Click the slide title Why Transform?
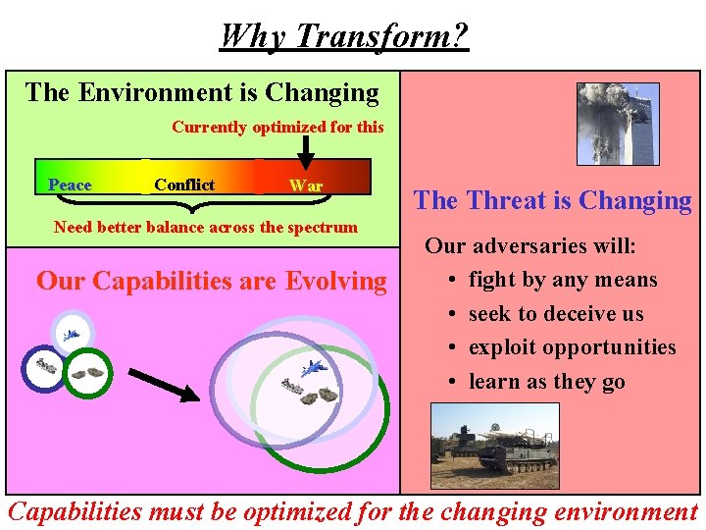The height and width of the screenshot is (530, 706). (x=344, y=36)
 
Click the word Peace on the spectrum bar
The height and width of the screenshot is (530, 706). (x=70, y=185)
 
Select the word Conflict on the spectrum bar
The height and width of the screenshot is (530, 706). (x=184, y=185)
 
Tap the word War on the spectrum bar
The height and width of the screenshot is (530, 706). (x=305, y=186)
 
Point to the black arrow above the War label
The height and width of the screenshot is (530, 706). (x=305, y=151)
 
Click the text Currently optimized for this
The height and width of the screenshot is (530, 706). (x=277, y=127)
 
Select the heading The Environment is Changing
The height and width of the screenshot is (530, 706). (x=202, y=93)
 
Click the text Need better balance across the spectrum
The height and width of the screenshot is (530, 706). (x=206, y=228)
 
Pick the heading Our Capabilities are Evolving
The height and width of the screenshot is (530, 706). (x=212, y=282)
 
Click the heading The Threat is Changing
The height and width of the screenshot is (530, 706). (x=552, y=201)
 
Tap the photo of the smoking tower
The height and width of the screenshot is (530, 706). (x=618, y=124)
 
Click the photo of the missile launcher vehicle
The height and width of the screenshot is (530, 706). (x=494, y=445)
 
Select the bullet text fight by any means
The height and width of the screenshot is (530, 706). (x=563, y=280)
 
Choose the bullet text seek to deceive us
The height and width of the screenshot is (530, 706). (x=556, y=314)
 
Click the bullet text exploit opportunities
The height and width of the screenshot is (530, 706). (x=573, y=347)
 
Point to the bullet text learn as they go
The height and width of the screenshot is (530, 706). (x=547, y=382)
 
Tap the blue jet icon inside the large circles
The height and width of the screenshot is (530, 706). (x=315, y=369)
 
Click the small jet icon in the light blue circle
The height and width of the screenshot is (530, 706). (x=71, y=335)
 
